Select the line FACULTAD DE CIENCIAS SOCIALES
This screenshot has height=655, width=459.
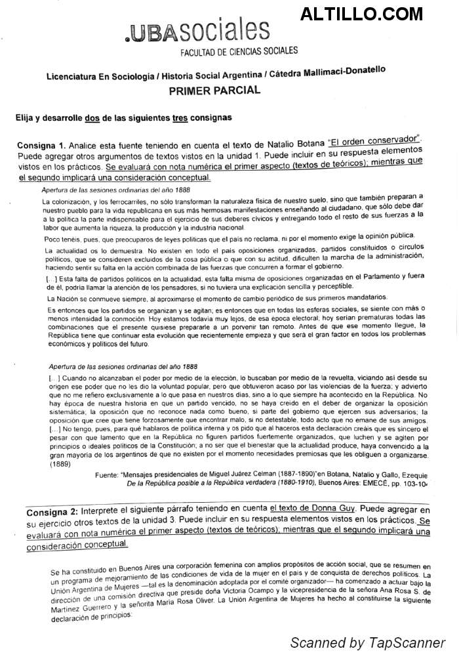coord(239,51)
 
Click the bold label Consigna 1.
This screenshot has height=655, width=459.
coord(41,145)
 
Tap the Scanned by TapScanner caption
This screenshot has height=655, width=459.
coord(368,642)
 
